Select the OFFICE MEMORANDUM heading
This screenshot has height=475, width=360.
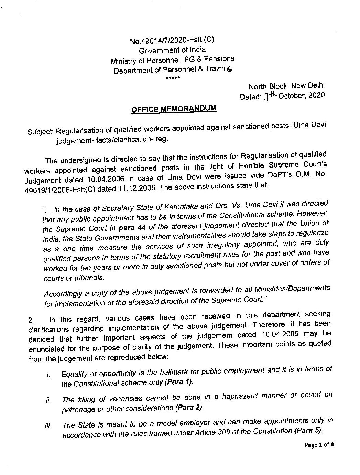pyautogui.click(x=174, y=109)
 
